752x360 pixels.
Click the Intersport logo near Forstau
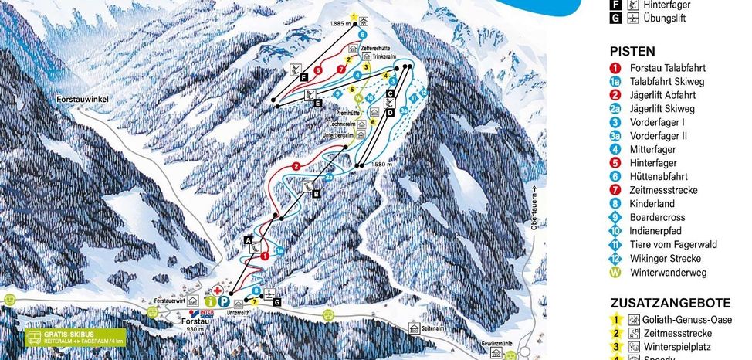pos(207,314)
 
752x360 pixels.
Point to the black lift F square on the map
pos(304,77)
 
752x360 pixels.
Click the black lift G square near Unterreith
pos(276,302)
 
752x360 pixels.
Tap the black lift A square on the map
pos(248,241)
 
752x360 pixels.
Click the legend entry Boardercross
pos(652,217)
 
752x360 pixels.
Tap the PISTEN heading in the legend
pos(632,51)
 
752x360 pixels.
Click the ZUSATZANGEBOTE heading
pos(660,302)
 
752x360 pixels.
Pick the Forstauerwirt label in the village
pos(169,300)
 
